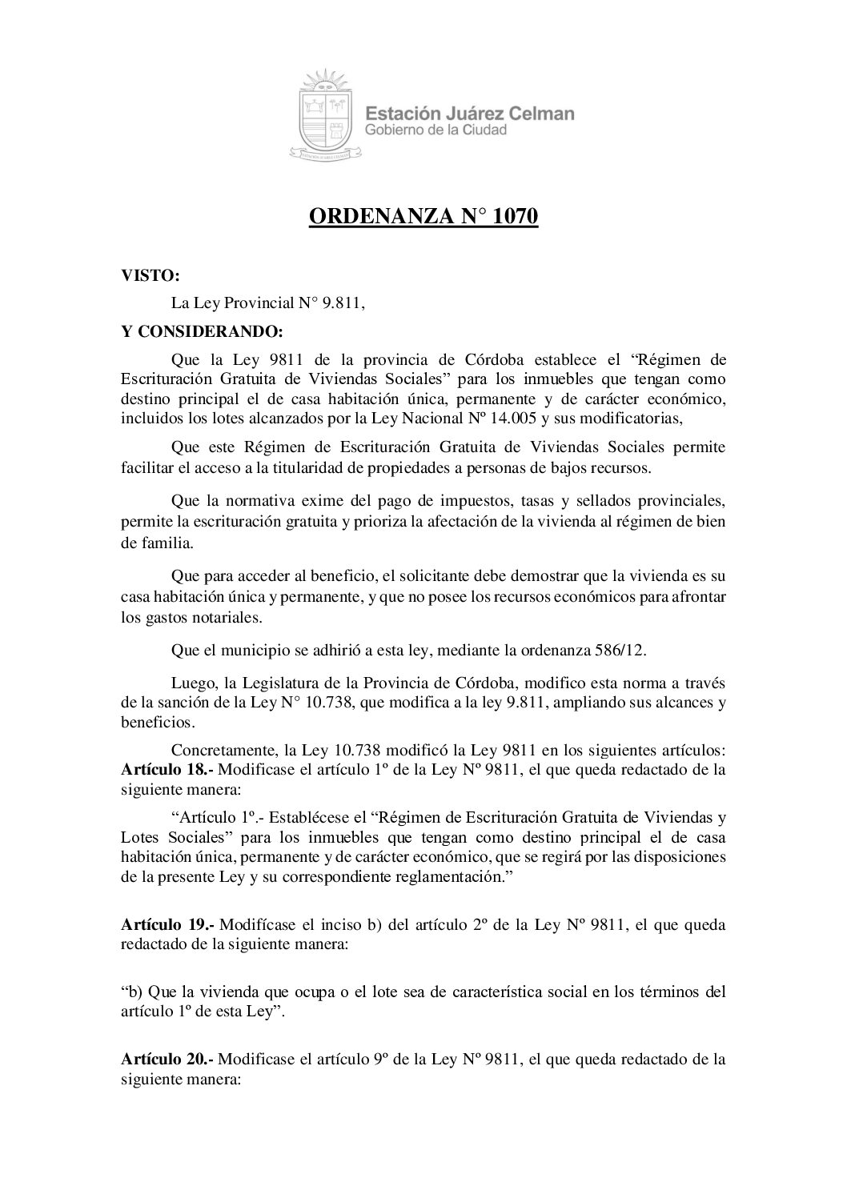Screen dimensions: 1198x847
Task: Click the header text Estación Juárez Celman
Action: pos(469,114)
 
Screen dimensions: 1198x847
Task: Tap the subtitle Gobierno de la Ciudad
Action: pos(436,130)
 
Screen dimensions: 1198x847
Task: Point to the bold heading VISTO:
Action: pos(150,277)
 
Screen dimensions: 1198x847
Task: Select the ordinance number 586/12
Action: pos(613,650)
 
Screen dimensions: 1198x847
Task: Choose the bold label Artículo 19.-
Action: pos(167,925)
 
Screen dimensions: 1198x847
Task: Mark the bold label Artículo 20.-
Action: pos(167,1060)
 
